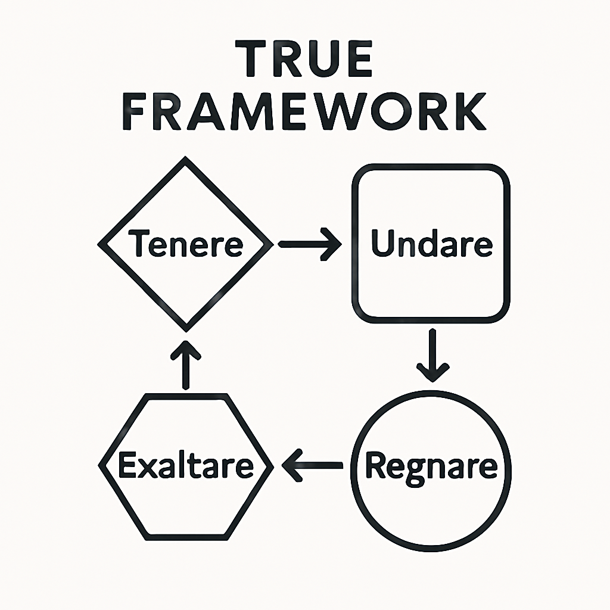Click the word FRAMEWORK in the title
(x=304, y=113)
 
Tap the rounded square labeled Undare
(x=431, y=286)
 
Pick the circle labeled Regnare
(x=431, y=506)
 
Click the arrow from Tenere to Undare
(x=310, y=244)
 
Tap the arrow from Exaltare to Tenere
(x=186, y=365)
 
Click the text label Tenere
(x=186, y=244)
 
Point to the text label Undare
(x=431, y=244)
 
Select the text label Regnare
(x=431, y=466)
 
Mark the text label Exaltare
(x=186, y=466)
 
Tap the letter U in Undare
(x=382, y=243)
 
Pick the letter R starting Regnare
(x=375, y=465)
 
